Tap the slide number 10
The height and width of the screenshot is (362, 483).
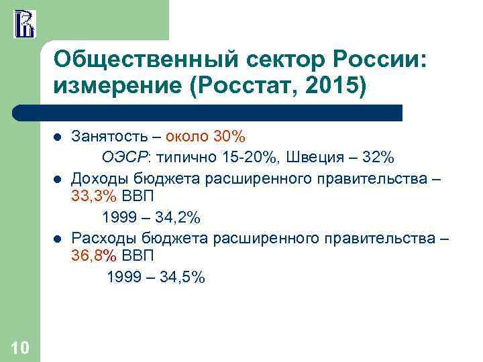click(20, 347)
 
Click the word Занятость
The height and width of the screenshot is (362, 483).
click(110, 137)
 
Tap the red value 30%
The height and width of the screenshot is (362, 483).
click(229, 137)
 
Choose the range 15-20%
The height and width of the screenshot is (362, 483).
click(242, 158)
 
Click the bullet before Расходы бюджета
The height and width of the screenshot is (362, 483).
click(58, 239)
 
